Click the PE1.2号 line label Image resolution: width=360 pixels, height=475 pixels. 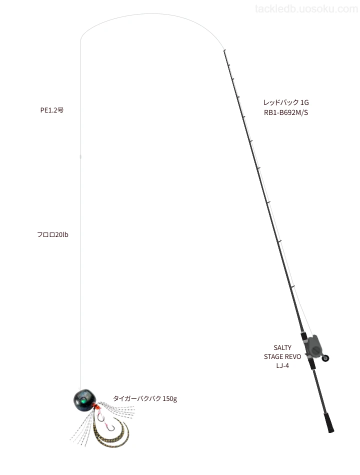click(52, 110)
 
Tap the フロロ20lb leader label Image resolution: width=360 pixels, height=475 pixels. click(52, 234)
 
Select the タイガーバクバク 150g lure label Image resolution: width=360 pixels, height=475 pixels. click(145, 398)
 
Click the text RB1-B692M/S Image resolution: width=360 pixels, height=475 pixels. click(286, 112)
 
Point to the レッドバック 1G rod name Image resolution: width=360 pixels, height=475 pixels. click(286, 102)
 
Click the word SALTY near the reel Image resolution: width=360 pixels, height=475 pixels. click(282, 347)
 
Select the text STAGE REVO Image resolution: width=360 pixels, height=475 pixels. click(282, 356)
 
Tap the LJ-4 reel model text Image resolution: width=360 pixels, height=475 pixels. click(282, 365)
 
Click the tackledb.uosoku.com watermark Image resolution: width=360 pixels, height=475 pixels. click(306, 9)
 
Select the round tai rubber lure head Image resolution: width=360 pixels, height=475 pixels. click(84, 400)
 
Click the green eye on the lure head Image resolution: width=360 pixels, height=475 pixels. click(81, 401)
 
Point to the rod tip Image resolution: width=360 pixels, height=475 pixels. click(224, 50)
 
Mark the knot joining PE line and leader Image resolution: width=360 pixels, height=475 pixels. click(80, 156)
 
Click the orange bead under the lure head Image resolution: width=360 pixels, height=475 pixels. click(96, 406)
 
